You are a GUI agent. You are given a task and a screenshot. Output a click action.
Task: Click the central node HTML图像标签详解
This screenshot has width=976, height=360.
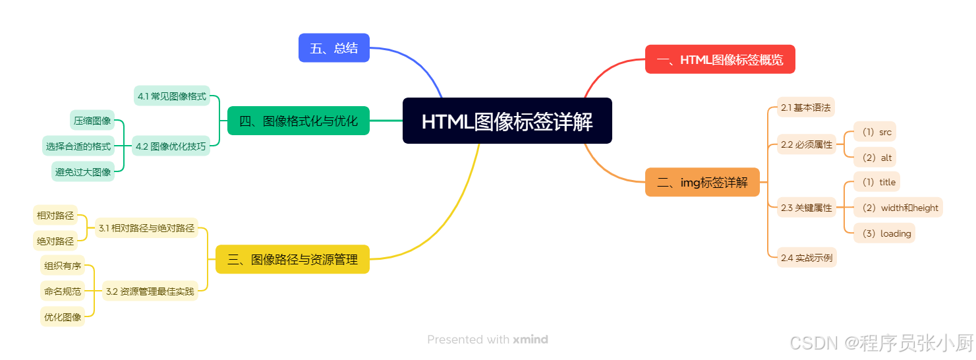[x=507, y=121]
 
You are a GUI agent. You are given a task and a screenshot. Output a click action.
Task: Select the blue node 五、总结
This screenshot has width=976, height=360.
[x=334, y=48]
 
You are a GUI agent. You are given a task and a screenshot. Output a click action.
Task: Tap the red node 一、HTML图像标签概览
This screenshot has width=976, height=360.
[x=720, y=60]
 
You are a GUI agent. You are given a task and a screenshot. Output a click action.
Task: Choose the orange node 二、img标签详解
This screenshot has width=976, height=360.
[x=702, y=183]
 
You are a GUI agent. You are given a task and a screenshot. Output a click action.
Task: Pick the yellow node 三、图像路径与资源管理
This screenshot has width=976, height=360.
[x=293, y=259]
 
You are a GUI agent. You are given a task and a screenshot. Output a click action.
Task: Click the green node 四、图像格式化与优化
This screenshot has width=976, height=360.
[x=298, y=121]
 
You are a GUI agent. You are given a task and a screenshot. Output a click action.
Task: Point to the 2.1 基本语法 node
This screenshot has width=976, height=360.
[x=805, y=107]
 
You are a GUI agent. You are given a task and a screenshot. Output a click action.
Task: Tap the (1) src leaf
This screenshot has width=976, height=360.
[x=875, y=132]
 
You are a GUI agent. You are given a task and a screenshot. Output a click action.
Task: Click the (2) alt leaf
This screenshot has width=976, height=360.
[x=875, y=158]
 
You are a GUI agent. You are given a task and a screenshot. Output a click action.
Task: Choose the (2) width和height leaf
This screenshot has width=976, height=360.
[x=898, y=208]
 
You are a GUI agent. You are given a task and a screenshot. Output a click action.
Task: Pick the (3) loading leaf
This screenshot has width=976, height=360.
[x=884, y=233]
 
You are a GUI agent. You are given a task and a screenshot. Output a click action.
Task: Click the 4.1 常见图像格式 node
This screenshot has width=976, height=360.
[x=172, y=96]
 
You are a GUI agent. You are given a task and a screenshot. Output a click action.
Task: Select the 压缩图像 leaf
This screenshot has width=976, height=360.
[x=92, y=121]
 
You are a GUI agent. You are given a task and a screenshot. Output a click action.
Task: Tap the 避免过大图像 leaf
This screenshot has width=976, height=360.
[x=83, y=172]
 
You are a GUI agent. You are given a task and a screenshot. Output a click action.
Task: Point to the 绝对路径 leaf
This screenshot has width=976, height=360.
[x=55, y=241]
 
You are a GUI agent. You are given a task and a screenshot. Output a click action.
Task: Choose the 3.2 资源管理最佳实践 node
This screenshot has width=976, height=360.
[x=150, y=291]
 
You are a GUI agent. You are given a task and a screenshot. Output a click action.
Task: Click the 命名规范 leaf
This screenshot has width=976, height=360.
[x=63, y=291]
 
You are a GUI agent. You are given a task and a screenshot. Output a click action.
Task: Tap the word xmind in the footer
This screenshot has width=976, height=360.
[x=531, y=340]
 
